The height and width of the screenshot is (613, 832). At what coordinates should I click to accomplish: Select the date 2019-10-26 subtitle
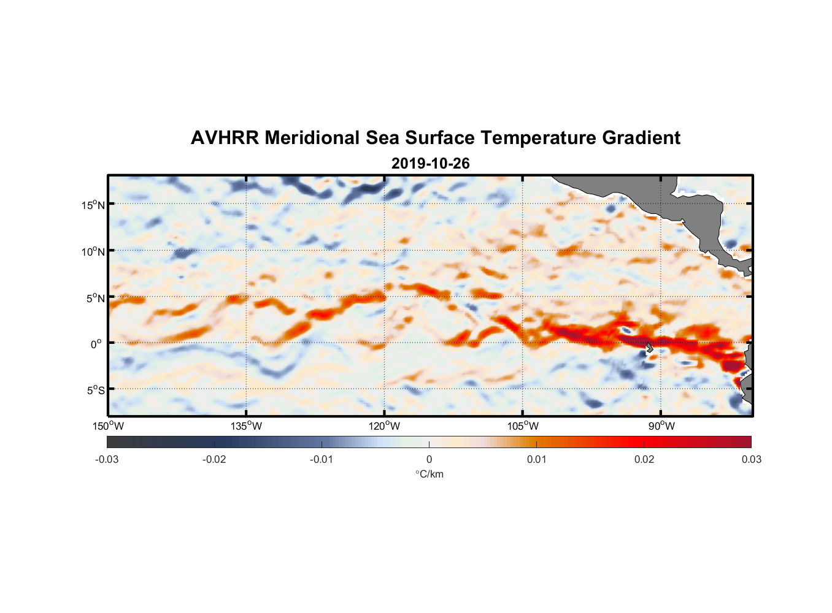[x=431, y=164]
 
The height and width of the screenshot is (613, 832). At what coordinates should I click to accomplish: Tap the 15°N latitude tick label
[x=93, y=205]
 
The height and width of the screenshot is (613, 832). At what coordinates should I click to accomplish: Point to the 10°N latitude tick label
[x=93, y=251]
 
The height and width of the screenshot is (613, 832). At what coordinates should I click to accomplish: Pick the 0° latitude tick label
[x=96, y=345]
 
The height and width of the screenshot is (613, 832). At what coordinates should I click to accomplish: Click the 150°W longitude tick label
[x=109, y=426]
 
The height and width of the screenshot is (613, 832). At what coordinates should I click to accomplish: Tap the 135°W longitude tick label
[x=247, y=426]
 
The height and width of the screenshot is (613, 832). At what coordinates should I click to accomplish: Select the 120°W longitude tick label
[x=385, y=426]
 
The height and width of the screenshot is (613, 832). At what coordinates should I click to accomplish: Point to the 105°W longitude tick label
[x=523, y=426]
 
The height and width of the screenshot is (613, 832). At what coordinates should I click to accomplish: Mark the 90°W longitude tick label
[x=661, y=426]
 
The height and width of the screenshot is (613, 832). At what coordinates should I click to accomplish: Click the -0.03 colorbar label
[x=107, y=459]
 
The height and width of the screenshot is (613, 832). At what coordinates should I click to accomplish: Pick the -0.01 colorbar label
[x=322, y=459]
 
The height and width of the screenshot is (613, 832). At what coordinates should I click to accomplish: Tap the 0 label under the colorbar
[x=429, y=459]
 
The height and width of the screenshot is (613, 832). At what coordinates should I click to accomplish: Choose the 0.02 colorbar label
[x=644, y=459]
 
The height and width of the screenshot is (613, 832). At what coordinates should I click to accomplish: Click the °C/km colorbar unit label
[x=429, y=474]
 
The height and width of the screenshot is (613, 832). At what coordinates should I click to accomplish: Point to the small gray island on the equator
[x=649, y=347]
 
